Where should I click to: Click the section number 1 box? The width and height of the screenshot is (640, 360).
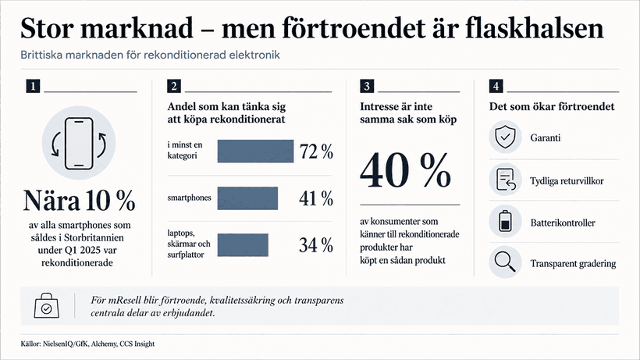point(33,86)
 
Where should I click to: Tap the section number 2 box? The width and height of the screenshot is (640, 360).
point(174,86)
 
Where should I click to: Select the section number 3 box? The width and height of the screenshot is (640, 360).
point(367,86)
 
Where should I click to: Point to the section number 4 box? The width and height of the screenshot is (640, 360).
point(496,86)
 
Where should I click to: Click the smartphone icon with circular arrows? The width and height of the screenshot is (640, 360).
point(79,143)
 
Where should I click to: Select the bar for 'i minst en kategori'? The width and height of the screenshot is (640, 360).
point(255,151)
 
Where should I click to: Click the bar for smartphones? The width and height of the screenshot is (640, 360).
point(247,198)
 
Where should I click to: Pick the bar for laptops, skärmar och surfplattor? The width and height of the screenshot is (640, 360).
point(243,245)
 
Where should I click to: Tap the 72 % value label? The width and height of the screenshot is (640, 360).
point(316,151)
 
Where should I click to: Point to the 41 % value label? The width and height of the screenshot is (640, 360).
point(316,199)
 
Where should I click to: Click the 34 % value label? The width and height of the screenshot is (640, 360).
point(316,245)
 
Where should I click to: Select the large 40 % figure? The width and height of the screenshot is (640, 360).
point(405,171)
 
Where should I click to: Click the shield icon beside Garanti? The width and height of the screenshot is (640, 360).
point(505,137)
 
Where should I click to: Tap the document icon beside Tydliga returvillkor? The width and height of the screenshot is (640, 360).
point(506,180)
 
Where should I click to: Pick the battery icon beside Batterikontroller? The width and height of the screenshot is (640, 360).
point(505,221)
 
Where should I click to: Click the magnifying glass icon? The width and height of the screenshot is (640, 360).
point(505,262)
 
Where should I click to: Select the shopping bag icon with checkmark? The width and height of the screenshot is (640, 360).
point(47,305)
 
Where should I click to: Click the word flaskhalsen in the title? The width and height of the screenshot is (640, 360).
point(535,29)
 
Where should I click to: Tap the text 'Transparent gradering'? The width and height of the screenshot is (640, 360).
point(573,264)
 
